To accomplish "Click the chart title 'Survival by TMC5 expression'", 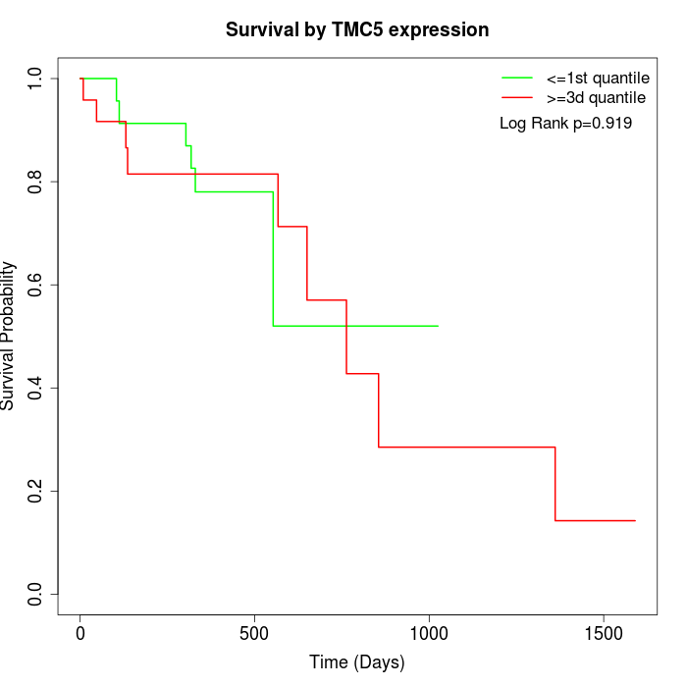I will pos(357,29).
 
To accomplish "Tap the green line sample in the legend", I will pos(517,78).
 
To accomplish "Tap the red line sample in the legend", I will pos(517,97).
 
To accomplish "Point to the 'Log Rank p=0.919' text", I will pos(565,124).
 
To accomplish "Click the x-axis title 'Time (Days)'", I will pos(357,662).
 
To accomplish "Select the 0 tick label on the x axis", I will pos(80,633).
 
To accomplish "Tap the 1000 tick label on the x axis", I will pos(429,633).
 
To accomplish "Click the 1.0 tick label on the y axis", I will pos(36,79).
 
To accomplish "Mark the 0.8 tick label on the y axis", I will pos(36,182).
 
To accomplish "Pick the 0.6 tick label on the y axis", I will pos(36,285).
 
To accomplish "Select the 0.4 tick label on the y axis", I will pos(36,388).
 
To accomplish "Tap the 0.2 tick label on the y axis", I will pos(36,491).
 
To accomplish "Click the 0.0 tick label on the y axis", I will pos(36,594).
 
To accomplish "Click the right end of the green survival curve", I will pos(438,326).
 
